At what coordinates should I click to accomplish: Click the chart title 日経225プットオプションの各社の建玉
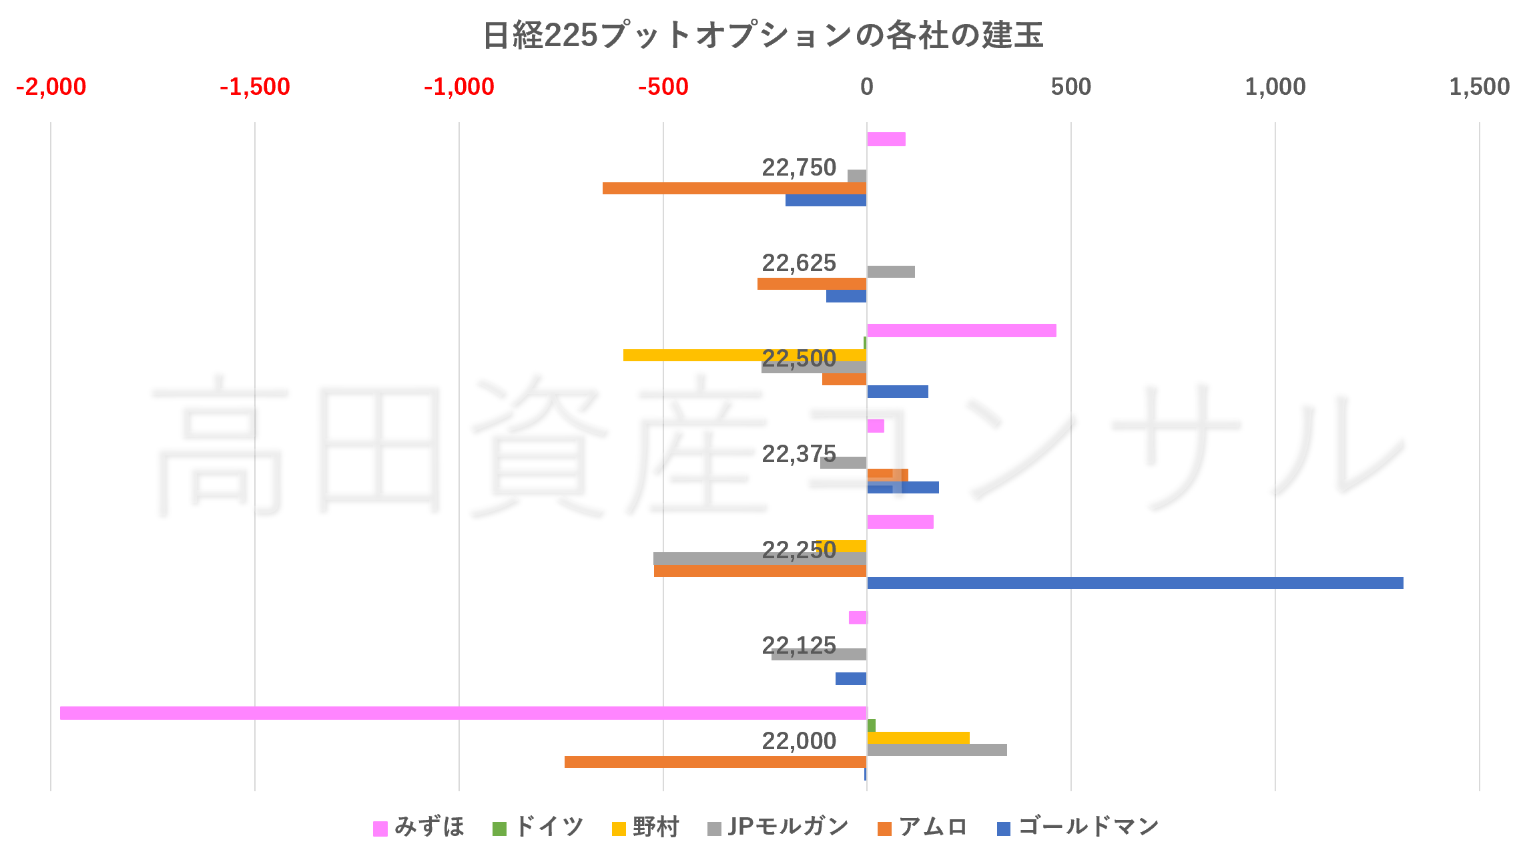(763, 35)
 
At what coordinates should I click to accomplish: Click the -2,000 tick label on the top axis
(51, 87)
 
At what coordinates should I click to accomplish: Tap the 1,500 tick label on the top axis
(1479, 87)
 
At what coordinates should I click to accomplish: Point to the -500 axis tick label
(663, 87)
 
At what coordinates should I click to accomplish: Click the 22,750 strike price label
(798, 168)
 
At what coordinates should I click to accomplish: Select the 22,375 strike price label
(798, 454)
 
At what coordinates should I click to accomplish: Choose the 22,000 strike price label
(798, 740)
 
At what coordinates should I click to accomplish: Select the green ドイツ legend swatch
(499, 829)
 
